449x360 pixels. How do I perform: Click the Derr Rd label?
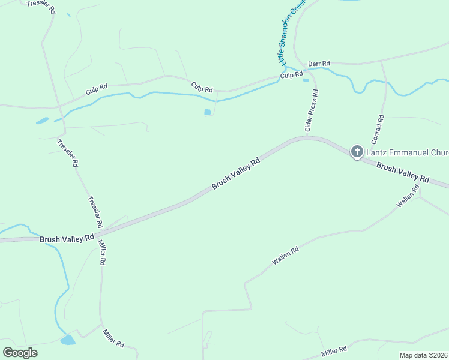click(319, 64)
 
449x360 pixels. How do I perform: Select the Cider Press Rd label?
click(312, 111)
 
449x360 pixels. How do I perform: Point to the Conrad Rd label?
click(377, 128)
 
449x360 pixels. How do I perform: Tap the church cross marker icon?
click(357, 151)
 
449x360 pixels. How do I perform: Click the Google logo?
click(20, 352)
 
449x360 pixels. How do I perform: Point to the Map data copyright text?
click(423, 355)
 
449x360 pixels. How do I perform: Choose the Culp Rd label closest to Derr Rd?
click(291, 75)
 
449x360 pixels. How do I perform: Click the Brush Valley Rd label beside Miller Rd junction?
click(67, 238)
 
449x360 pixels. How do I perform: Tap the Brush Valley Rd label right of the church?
click(403, 173)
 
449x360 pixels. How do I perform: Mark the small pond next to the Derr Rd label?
click(306, 80)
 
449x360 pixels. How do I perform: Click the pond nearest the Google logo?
click(68, 340)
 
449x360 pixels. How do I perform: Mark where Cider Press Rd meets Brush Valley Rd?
click(307, 137)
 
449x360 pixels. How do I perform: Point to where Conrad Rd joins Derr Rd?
click(381, 61)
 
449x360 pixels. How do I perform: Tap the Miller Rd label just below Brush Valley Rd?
click(102, 254)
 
